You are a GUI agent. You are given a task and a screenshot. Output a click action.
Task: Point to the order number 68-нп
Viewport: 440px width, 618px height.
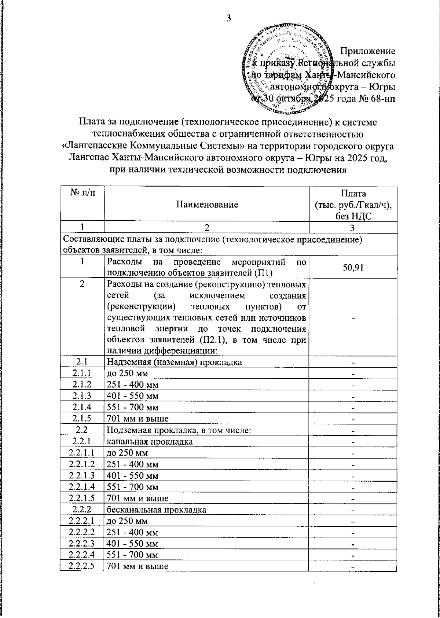381,99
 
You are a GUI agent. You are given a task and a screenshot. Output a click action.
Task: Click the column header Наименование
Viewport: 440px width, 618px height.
207,205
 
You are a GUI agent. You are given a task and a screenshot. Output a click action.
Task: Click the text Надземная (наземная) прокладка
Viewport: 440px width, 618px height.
174,363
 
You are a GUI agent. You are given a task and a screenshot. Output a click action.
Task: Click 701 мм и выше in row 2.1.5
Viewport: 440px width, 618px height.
137,419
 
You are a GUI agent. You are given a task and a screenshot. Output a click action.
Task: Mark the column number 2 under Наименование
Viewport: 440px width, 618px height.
207,228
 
